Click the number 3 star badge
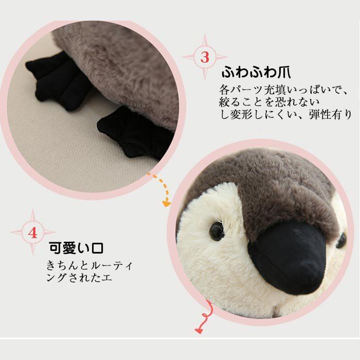205,57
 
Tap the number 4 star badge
33,232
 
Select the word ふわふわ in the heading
245,70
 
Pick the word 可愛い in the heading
69,248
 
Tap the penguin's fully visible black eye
217,231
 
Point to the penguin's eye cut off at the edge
341,239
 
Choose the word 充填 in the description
271,89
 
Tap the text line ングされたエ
79,278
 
